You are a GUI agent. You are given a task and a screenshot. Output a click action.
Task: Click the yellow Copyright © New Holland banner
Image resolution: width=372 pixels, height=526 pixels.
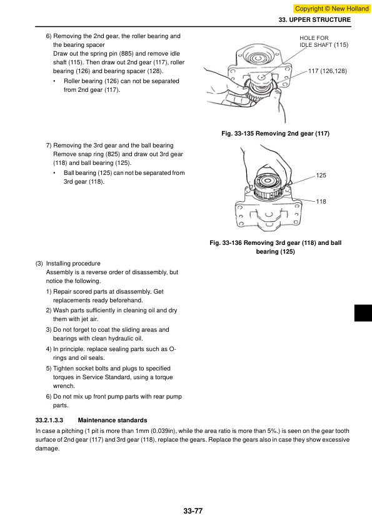pos(332,8)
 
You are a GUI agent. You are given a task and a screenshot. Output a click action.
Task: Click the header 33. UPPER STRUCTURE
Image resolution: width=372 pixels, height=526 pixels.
pos(314,20)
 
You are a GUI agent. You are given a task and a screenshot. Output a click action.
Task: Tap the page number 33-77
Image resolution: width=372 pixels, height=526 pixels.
pos(193,511)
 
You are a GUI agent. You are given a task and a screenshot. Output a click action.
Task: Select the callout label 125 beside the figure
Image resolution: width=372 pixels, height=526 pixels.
pos(321,175)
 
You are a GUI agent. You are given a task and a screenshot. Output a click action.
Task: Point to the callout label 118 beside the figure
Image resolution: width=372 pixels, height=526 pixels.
pos(321,201)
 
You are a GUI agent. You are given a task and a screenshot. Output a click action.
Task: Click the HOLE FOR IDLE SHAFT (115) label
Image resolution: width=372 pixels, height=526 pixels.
pos(324,41)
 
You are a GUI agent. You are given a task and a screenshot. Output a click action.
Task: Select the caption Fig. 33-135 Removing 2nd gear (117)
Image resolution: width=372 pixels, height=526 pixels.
pos(275,134)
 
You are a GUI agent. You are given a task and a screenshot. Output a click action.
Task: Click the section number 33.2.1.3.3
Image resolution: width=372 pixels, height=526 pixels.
pos(49,420)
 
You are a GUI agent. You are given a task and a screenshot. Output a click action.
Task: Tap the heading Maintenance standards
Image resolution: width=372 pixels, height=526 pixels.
pos(113,420)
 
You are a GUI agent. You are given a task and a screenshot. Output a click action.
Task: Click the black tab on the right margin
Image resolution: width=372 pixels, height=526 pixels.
pos(363,313)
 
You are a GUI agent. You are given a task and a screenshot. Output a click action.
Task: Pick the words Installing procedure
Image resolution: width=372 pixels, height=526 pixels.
pos(73,264)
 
